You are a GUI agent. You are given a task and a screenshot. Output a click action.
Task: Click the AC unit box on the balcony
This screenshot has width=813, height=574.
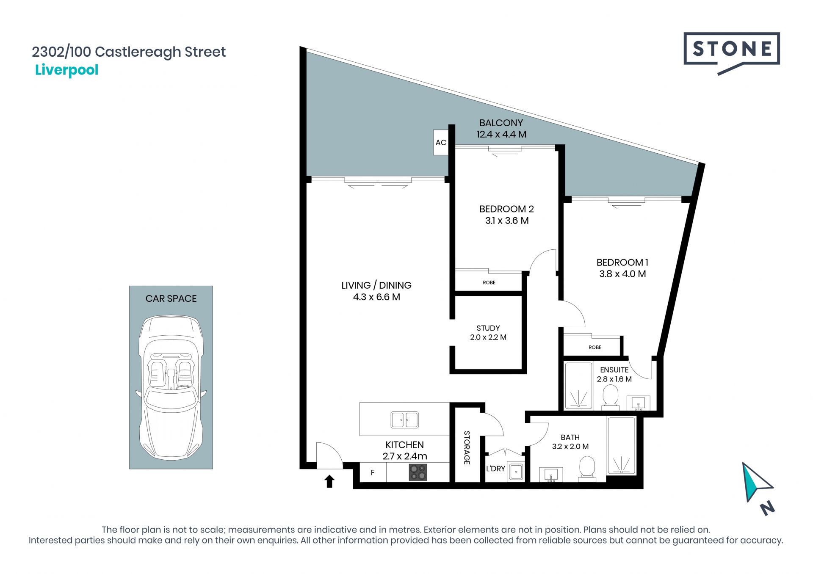pyautogui.click(x=441, y=142)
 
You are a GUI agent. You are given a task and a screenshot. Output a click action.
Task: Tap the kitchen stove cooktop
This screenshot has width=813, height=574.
pyautogui.click(x=418, y=472)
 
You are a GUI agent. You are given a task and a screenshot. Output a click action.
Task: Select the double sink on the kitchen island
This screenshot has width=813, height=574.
pyautogui.click(x=404, y=420)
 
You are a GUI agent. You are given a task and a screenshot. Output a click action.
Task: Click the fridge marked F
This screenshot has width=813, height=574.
pyautogui.click(x=373, y=472)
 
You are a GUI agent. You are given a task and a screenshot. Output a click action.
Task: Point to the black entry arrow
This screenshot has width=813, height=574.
pyautogui.click(x=329, y=481)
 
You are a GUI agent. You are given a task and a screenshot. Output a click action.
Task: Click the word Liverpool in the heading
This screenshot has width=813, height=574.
pyautogui.click(x=66, y=70)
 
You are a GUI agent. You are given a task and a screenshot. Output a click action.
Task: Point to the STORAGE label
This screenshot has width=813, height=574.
pyautogui.click(x=467, y=447)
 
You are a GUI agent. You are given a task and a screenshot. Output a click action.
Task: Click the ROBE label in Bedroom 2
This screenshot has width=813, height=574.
pyautogui.click(x=489, y=282)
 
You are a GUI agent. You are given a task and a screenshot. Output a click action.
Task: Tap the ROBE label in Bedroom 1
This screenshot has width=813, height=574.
pyautogui.click(x=595, y=347)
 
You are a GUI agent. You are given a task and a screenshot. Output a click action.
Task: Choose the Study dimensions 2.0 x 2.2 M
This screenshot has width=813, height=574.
pyautogui.click(x=488, y=337)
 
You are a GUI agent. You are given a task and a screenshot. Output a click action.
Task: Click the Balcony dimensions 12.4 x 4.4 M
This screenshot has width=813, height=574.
pyautogui.click(x=501, y=134)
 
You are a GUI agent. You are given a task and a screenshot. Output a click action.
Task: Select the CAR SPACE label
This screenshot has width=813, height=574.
pyautogui.click(x=171, y=298)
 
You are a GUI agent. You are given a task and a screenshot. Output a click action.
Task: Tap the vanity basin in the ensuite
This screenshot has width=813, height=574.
pyautogui.click(x=638, y=403)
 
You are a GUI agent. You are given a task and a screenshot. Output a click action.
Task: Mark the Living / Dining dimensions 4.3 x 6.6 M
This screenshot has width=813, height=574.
pyautogui.click(x=376, y=297)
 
